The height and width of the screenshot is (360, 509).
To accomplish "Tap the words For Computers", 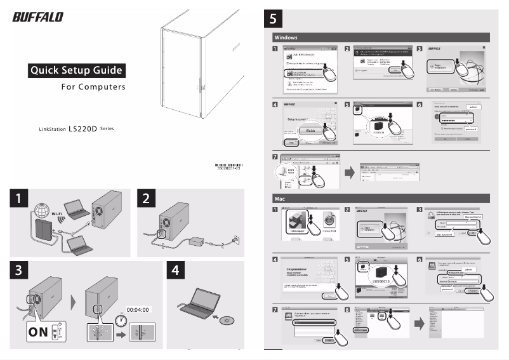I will tap(93, 87).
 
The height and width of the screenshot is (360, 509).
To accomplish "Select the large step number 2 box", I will tap(146, 199).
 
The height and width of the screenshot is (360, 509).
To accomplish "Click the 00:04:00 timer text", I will tap(137, 309).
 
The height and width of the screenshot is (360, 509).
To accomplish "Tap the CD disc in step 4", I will tap(227, 321).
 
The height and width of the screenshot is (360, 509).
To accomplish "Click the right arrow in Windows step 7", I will tap(349, 171).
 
